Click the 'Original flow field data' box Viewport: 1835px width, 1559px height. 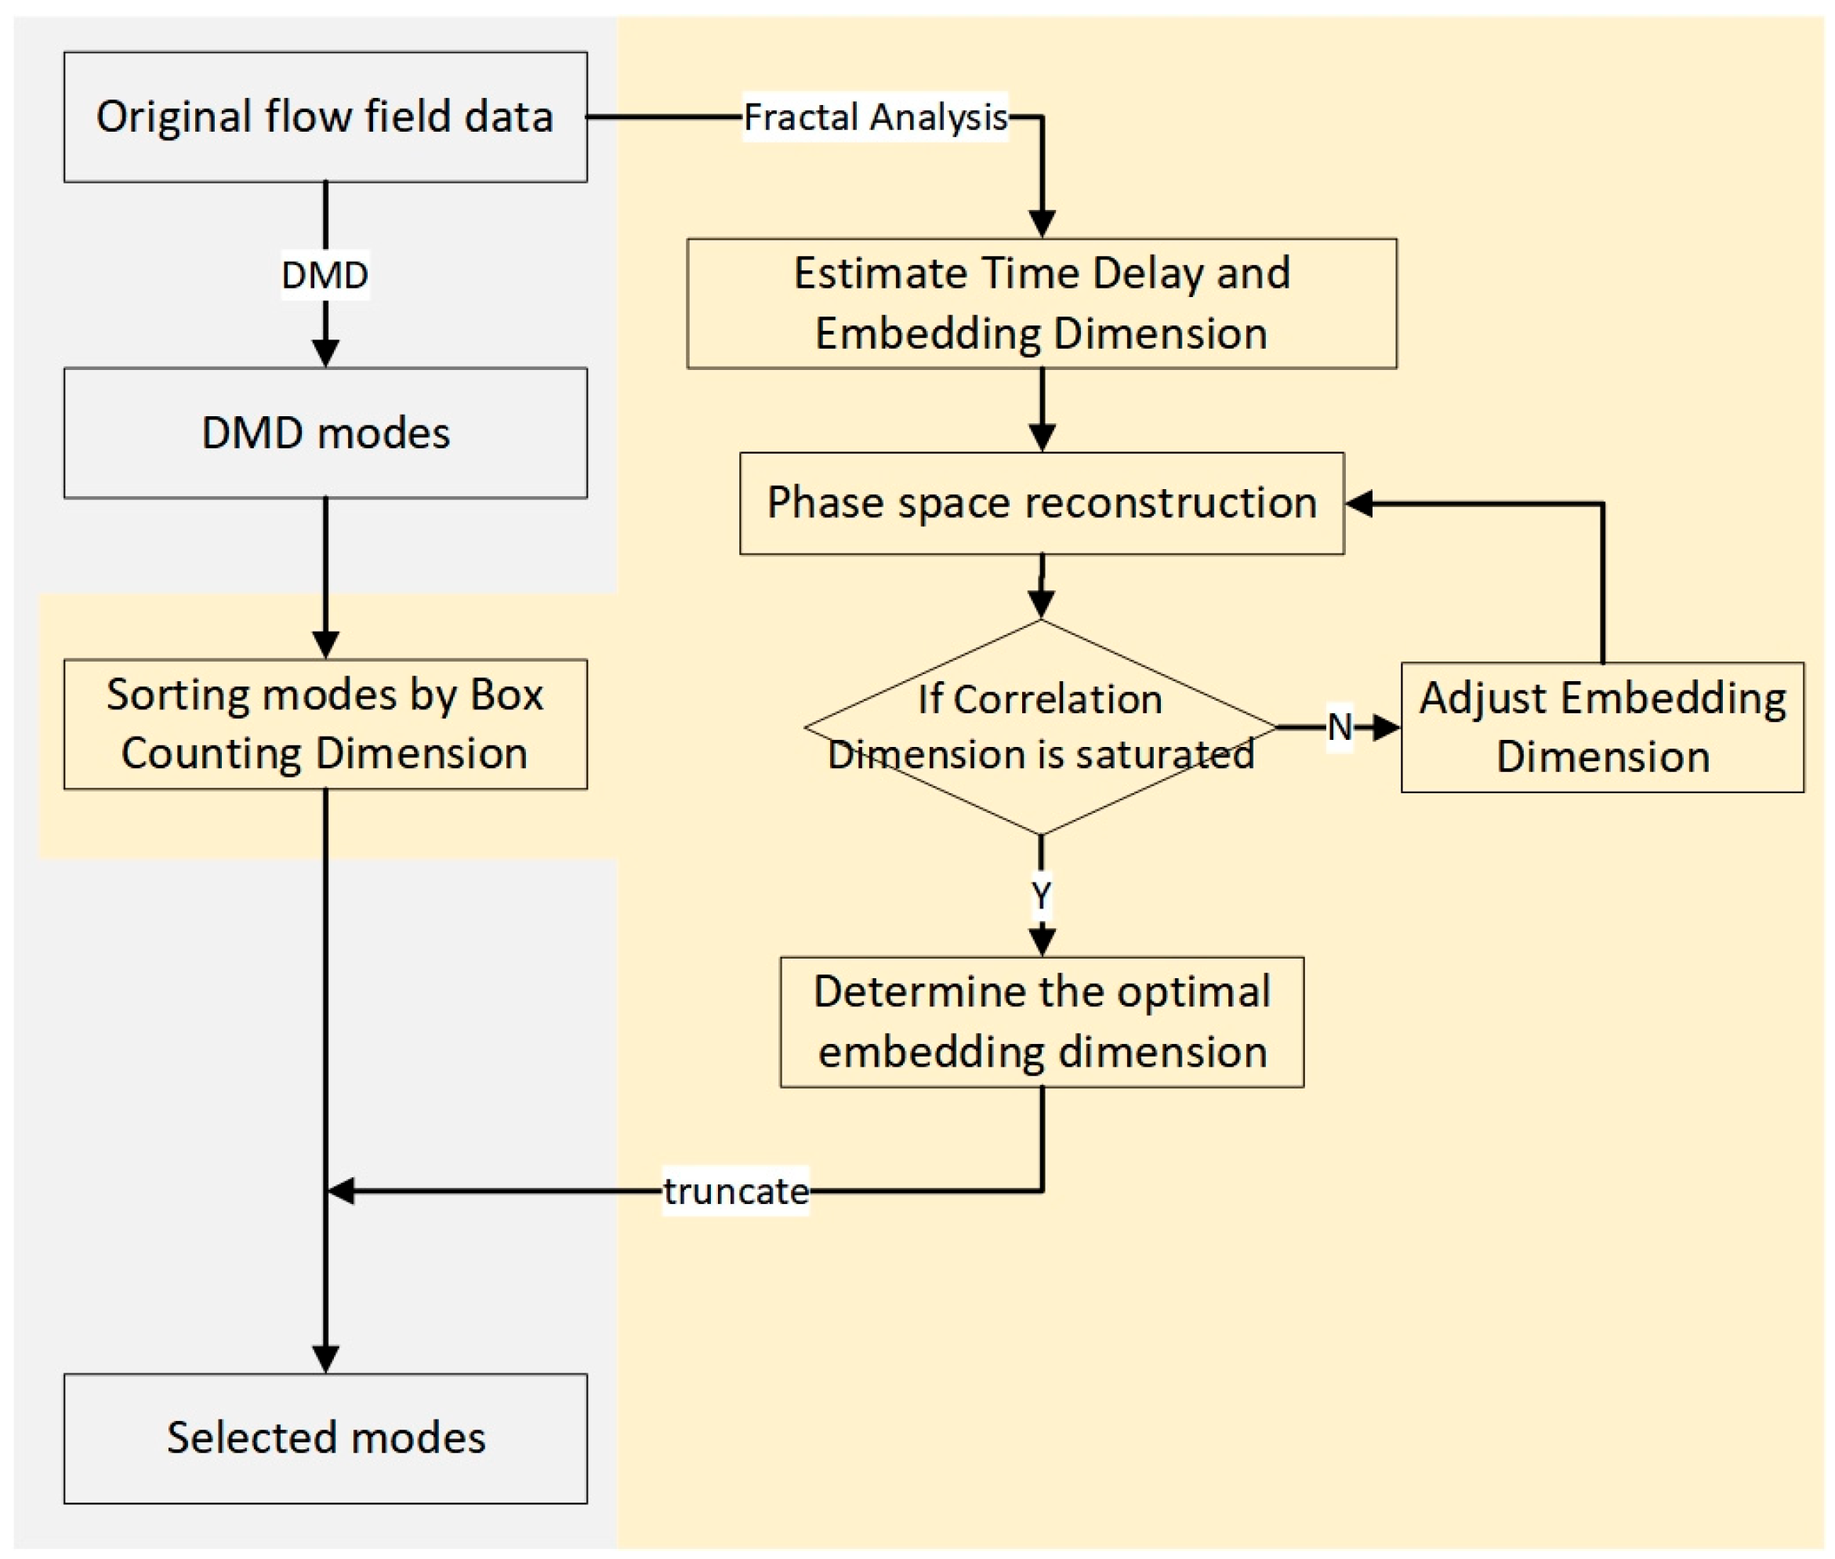(x=325, y=117)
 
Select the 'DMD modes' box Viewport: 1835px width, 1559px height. (x=325, y=432)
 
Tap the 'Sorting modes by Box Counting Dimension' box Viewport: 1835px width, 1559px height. (x=325, y=723)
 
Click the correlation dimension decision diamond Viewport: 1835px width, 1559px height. (x=1040, y=727)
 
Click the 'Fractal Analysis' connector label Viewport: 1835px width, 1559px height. (x=874, y=117)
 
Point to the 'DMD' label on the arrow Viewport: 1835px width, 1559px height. (x=325, y=275)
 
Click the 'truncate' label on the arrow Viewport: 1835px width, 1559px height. (x=735, y=1191)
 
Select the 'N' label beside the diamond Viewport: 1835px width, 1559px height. (x=1339, y=727)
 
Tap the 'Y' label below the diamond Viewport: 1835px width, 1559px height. (x=1040, y=895)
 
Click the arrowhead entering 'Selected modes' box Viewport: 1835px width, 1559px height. (x=325, y=1358)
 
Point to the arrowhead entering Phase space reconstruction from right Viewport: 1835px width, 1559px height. (x=1358, y=504)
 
